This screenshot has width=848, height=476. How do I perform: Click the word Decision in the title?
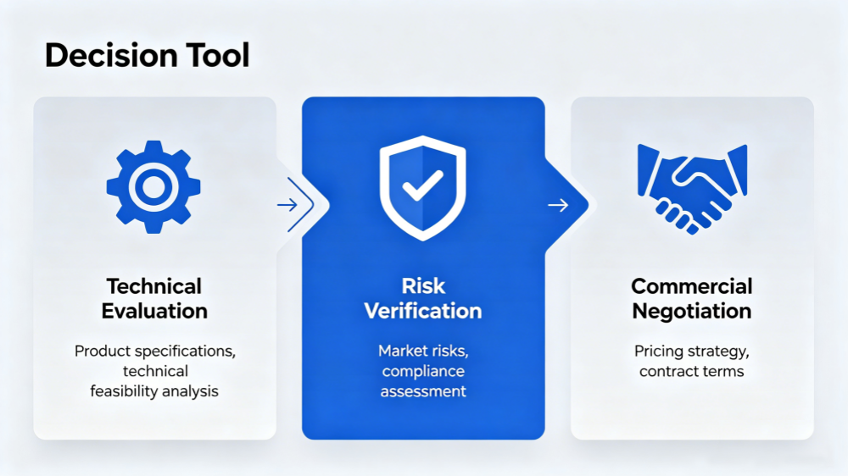111,55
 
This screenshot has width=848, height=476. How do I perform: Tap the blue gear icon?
153,187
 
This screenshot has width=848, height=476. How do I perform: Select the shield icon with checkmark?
423,187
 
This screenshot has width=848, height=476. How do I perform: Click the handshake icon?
692,189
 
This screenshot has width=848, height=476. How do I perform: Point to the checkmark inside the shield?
423,185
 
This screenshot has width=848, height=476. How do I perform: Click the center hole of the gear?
153,187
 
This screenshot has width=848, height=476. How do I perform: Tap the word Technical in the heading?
154,286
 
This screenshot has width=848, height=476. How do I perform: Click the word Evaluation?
154,311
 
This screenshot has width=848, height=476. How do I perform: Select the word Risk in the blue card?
423,286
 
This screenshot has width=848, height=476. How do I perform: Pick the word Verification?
423,311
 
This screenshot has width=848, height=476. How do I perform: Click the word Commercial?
692,286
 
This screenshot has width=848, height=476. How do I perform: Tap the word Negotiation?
692,311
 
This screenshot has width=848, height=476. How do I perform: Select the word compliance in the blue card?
423,371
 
